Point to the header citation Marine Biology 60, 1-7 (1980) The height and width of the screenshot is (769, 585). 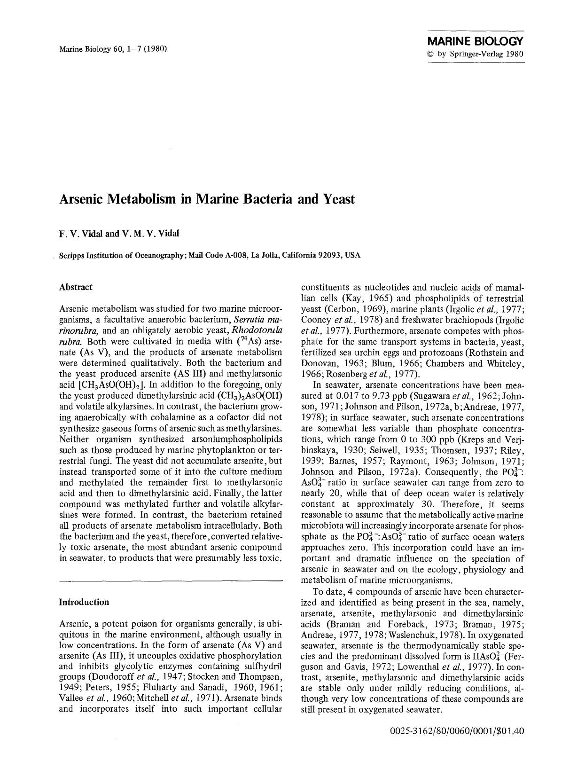[113, 48]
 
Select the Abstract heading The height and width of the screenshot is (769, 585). [76, 287]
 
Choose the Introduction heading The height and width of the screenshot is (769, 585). [84, 602]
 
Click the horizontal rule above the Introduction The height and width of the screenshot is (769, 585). [171, 582]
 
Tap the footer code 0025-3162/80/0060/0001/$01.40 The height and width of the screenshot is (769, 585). [457, 744]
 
